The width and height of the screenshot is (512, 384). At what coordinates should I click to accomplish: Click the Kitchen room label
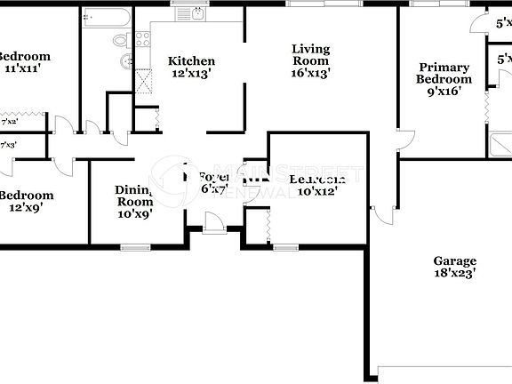192,61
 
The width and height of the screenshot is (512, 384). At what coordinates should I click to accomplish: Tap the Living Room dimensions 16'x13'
310,75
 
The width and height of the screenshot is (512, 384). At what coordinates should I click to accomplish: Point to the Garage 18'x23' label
454,268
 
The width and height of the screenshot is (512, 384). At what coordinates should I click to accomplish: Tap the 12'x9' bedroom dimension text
24,207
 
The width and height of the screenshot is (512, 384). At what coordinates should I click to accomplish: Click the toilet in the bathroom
122,40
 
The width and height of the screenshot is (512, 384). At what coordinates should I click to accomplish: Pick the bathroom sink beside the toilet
127,60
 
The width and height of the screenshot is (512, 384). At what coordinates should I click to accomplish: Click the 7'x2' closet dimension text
10,120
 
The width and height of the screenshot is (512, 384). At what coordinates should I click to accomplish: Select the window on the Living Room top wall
317,4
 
